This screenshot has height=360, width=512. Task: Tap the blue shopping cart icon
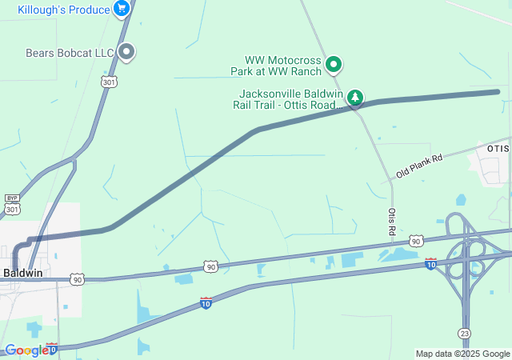click(122, 9)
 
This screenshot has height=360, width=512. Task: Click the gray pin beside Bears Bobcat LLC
click(126, 52)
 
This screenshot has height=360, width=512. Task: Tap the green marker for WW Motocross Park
click(334, 64)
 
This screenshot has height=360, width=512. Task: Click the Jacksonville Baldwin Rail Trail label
click(286, 99)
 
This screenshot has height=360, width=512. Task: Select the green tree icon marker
click(354, 98)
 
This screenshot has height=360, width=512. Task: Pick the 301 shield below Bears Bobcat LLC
click(109, 81)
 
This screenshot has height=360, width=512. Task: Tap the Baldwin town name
click(22, 273)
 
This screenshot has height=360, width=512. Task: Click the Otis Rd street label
click(392, 221)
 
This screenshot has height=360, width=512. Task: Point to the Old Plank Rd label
click(418, 166)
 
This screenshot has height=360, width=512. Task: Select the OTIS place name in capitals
click(498, 149)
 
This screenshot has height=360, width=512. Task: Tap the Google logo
click(26, 350)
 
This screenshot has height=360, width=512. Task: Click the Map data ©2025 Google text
click(462, 354)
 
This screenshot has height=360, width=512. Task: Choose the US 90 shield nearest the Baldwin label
click(77, 279)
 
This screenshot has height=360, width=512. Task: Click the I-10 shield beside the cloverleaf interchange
click(430, 263)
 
